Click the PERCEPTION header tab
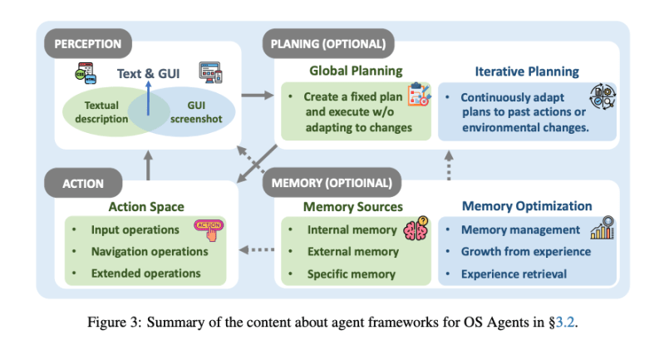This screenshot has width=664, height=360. click(88, 44)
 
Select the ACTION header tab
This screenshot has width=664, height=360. click(83, 185)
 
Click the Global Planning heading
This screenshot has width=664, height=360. click(356, 72)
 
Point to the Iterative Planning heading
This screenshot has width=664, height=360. click(527, 72)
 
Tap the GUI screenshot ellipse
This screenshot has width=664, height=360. click(194, 111)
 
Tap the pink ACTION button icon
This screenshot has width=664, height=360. click(209, 228)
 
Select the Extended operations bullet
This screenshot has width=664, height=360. click(145, 273)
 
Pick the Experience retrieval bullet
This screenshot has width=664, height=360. click(514, 273)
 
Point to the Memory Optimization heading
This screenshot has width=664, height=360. click(527, 206)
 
